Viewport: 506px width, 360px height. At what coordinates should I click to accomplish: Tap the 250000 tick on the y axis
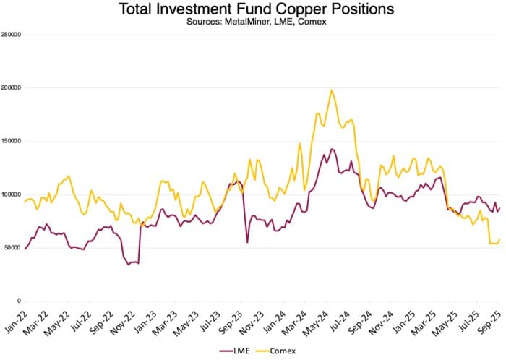[11, 34]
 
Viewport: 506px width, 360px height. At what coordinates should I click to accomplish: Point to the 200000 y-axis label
[11, 87]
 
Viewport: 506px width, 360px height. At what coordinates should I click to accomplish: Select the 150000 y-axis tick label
[11, 141]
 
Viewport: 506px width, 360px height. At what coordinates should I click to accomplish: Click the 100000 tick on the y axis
[11, 194]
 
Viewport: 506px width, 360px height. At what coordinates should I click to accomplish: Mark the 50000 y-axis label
[12, 248]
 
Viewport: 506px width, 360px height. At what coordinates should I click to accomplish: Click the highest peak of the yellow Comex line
[331, 90]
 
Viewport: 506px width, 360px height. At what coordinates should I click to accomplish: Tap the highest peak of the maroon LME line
[332, 150]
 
